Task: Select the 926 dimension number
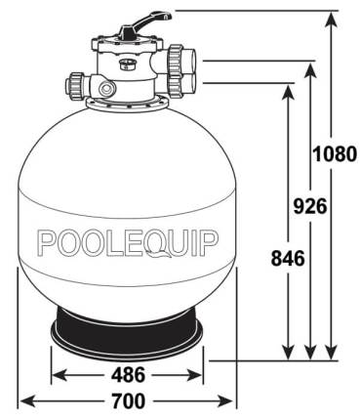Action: (309, 205)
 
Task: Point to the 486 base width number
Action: (127, 374)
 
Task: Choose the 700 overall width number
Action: (127, 400)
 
